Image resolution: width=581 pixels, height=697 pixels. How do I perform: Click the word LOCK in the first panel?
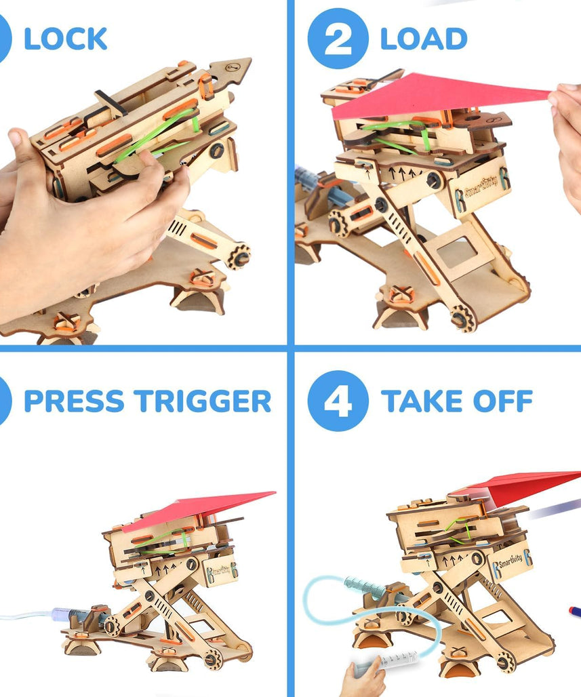pos(65,39)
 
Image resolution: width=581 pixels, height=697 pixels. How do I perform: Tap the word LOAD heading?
pos(424,39)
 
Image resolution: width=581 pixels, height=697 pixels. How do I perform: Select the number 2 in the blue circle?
pos(338,39)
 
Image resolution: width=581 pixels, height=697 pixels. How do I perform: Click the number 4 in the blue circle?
pos(338,401)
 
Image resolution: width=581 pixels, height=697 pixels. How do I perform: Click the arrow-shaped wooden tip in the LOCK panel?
pos(231,71)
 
